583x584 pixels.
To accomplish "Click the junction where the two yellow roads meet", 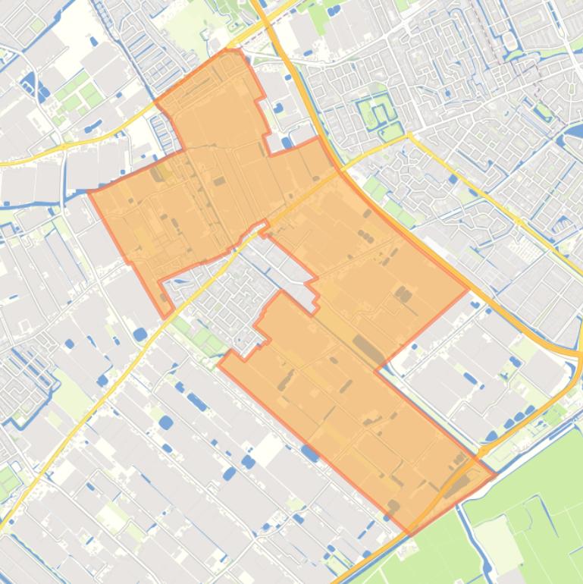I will click(x=409, y=137).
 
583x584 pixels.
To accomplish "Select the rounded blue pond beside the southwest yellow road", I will click(x=139, y=333).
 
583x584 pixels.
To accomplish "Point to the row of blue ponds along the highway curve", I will click(x=508, y=425).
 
